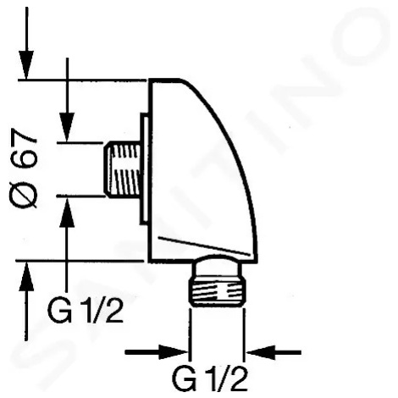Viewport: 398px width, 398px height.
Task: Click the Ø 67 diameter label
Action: (24, 169)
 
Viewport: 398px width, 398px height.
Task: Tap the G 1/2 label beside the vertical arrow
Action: (86, 311)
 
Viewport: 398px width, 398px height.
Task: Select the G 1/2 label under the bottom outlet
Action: (210, 378)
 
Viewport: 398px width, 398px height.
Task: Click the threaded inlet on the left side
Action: (122, 169)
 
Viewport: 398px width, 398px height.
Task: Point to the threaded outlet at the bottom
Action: (216, 292)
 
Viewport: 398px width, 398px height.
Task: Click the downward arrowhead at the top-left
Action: (26, 65)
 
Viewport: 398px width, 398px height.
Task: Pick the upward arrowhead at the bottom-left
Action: (26, 276)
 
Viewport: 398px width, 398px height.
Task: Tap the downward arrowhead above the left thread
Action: (67, 127)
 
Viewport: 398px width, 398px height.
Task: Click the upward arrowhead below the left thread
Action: (67, 212)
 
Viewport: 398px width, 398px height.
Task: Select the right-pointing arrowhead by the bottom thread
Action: (174, 352)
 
